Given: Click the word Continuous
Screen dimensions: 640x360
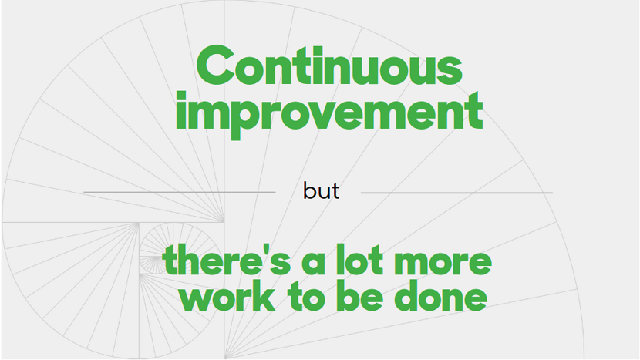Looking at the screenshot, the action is (x=329, y=66).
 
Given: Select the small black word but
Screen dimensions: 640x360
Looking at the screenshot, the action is (x=321, y=190).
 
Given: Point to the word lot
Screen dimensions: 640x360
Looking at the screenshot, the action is (x=359, y=259).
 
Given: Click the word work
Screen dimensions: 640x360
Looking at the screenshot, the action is (x=227, y=296).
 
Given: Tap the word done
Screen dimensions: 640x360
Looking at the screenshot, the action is (x=441, y=296).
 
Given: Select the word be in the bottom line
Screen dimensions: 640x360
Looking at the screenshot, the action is (x=359, y=296).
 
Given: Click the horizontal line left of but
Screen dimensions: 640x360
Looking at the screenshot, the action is (x=180, y=192).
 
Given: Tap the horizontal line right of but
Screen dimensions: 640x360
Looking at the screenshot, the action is (x=456, y=193).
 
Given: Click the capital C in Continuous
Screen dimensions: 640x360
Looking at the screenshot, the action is (x=215, y=66).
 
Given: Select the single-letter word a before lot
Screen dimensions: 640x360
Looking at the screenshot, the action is (x=314, y=264).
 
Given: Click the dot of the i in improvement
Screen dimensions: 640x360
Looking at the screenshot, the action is (x=181, y=95).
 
